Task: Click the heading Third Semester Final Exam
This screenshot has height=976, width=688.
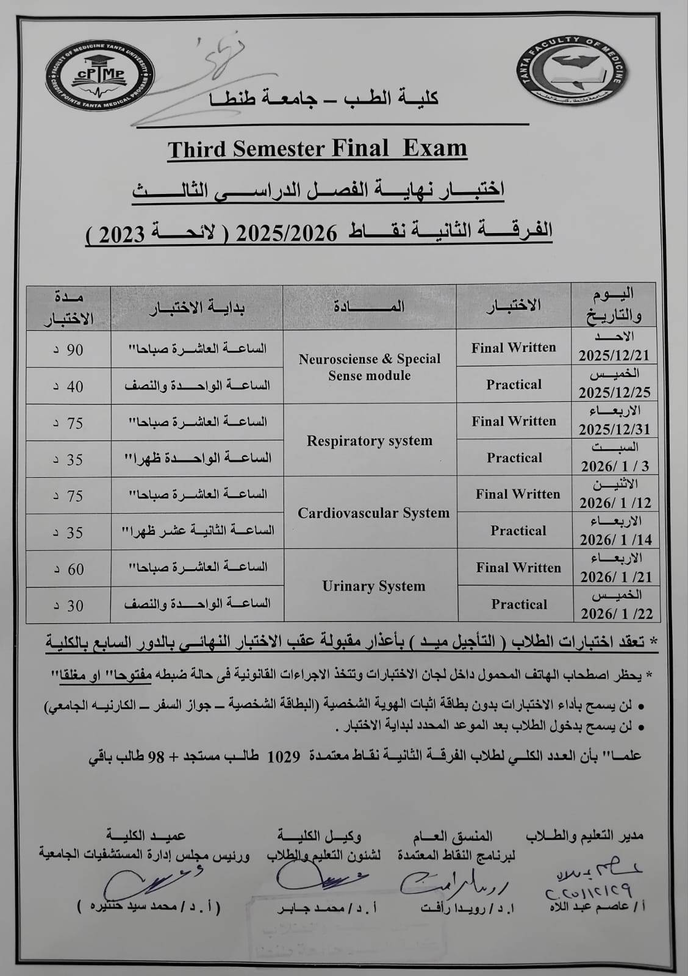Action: (317, 149)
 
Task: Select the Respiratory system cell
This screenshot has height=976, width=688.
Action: (370, 440)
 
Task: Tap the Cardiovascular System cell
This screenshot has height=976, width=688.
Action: (373, 513)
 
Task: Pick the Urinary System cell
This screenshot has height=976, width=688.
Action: (373, 586)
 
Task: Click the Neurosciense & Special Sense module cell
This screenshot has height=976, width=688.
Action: (370, 367)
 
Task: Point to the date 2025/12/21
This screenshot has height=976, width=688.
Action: (614, 356)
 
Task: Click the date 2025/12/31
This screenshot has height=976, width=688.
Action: (614, 429)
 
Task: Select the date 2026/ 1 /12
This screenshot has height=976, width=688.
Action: (615, 503)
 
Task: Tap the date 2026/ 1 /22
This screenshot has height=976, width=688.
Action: (617, 613)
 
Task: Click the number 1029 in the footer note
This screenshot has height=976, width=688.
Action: (282, 756)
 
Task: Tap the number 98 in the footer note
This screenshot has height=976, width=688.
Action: (156, 757)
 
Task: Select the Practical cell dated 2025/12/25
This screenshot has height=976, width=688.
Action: (514, 385)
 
